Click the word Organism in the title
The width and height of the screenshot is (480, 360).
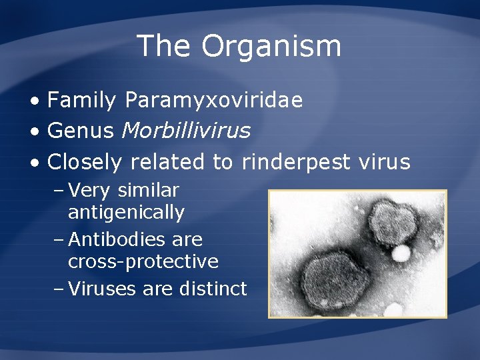coord(271,47)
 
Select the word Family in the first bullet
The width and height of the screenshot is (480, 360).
coord(83,101)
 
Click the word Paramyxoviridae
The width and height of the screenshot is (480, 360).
coord(213,101)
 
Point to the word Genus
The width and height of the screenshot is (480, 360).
coord(81,131)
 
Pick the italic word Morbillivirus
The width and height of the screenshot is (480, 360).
coord(186,131)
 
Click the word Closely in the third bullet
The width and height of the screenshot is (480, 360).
coord(85,162)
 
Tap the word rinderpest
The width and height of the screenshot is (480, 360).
coord(296,162)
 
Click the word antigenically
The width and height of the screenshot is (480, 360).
coord(126,213)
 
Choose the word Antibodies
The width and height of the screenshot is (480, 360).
coord(112,239)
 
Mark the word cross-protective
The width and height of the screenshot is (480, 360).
coord(143,262)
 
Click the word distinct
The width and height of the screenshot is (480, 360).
coord(213,289)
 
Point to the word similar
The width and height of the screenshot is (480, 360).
coord(148,191)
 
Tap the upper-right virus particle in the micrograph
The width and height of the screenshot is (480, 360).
coord(393,221)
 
